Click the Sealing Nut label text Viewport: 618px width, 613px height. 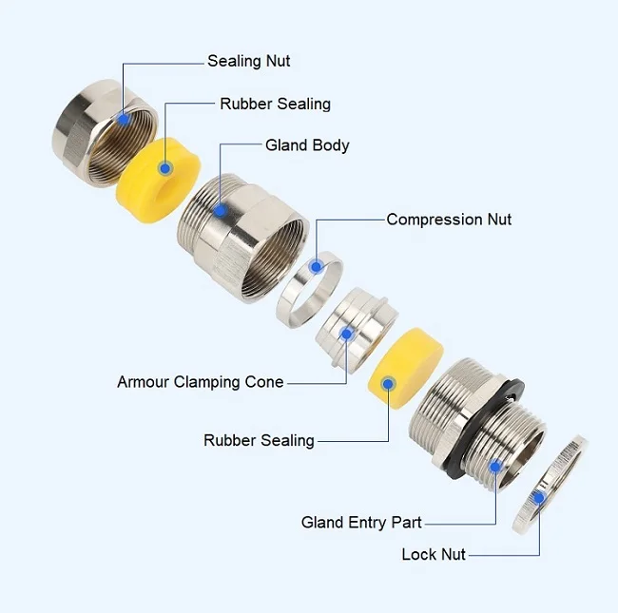pyautogui.click(x=249, y=61)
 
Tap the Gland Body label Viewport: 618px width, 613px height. pyautogui.click(x=307, y=145)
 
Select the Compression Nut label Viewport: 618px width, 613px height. pyautogui.click(x=449, y=220)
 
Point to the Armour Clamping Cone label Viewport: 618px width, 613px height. pyautogui.click(x=200, y=382)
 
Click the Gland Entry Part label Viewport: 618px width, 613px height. pyautogui.click(x=361, y=523)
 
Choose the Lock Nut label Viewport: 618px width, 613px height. pyautogui.click(x=434, y=553)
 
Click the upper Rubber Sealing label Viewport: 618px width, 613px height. pyautogui.click(x=275, y=104)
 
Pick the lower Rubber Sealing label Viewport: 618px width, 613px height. pyautogui.click(x=259, y=440)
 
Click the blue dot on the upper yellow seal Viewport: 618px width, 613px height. pyautogui.click(x=164, y=168)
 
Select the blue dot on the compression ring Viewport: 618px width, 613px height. pyautogui.click(x=316, y=267)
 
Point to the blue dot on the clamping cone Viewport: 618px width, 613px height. pyautogui.click(x=348, y=333)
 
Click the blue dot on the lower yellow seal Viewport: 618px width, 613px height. pyautogui.click(x=388, y=382)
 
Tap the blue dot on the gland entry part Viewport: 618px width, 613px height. pyautogui.click(x=495, y=466)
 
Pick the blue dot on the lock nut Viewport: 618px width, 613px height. pyautogui.click(x=538, y=496)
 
